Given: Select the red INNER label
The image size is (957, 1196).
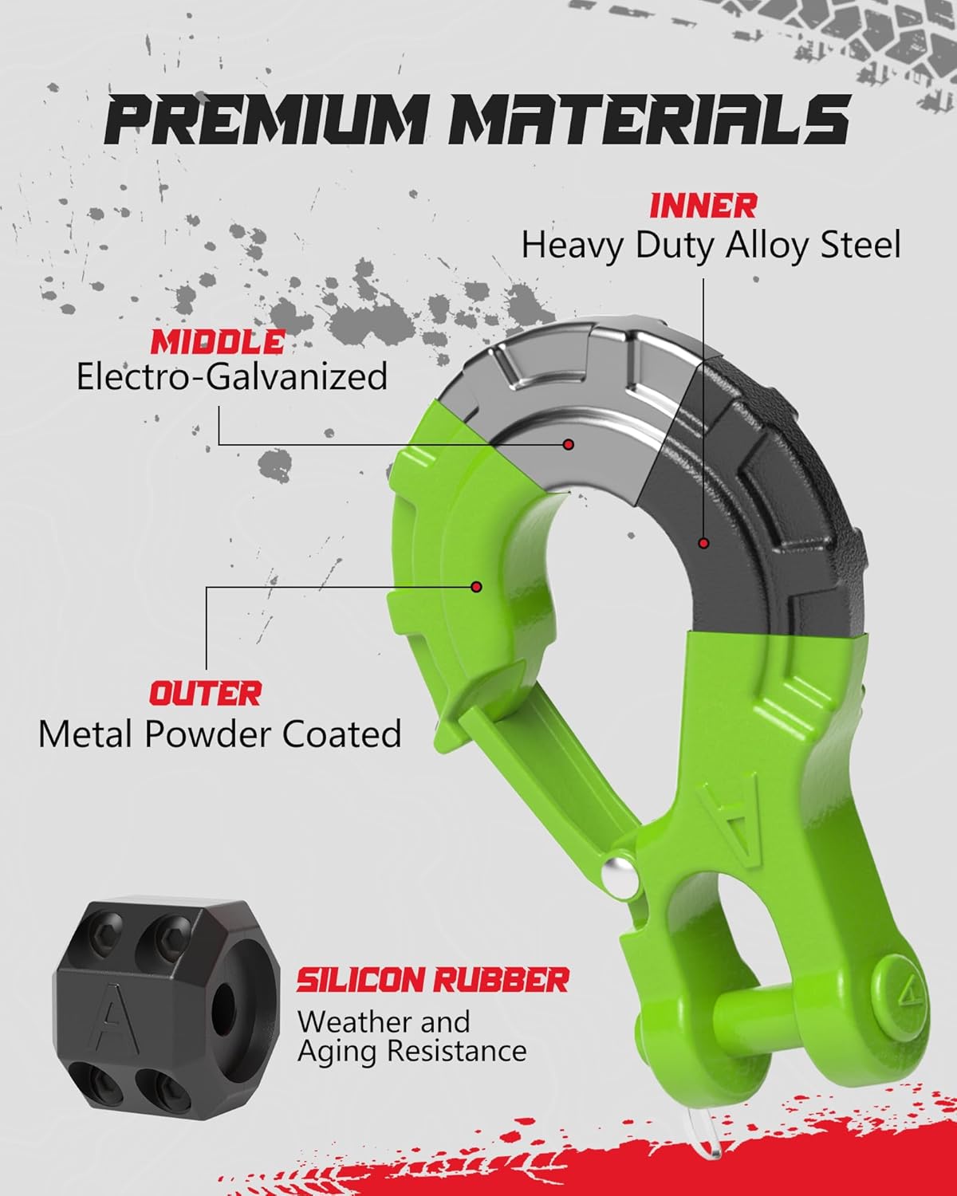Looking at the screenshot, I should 703,206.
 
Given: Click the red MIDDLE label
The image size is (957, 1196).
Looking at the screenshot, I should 218,342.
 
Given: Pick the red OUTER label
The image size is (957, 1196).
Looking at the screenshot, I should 205,693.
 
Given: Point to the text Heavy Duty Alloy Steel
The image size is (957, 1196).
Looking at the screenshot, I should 711,245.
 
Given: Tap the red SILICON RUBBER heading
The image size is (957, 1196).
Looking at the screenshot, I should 433,980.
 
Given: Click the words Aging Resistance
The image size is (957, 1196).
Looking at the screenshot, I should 412,1051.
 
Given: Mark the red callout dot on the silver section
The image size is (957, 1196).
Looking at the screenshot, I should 568,444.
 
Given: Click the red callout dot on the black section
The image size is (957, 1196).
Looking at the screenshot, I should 703,543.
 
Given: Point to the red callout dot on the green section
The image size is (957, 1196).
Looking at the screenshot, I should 476,587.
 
